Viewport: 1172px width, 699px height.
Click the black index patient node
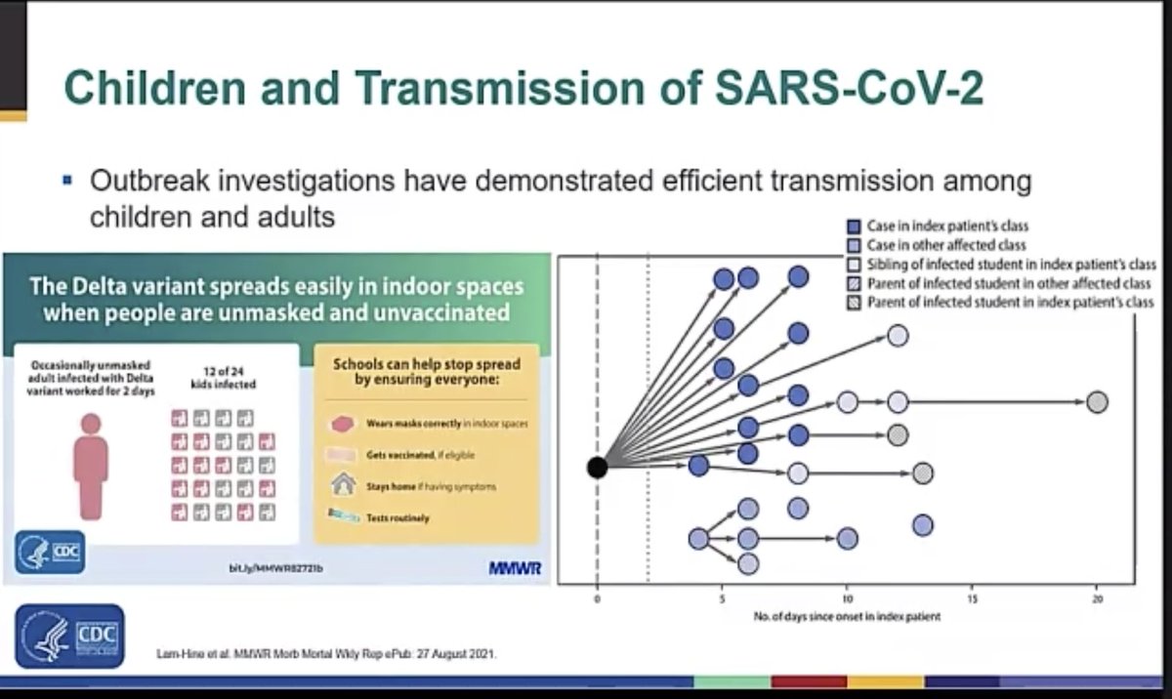(x=597, y=467)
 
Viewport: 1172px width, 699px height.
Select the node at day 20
(x=1097, y=402)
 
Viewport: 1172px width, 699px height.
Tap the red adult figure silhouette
(x=91, y=465)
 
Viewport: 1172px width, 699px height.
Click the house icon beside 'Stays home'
(x=342, y=485)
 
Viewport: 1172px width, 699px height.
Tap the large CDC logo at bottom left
(x=69, y=636)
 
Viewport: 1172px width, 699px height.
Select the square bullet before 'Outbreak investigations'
(x=67, y=181)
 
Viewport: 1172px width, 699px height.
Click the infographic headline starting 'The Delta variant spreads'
(x=276, y=300)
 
